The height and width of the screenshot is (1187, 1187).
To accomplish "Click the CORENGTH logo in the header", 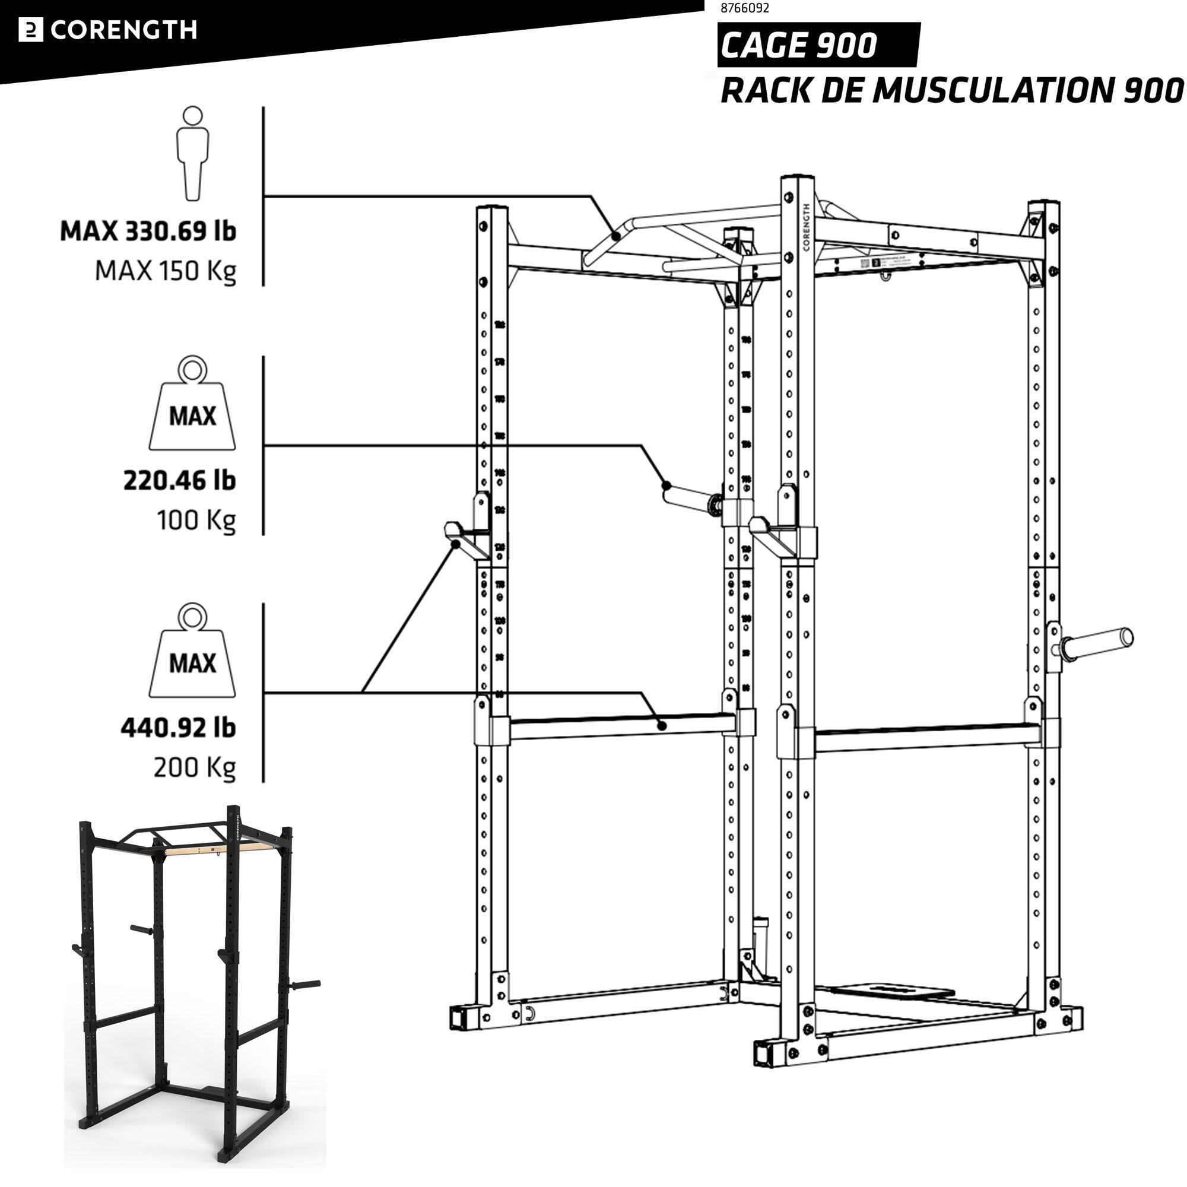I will [108, 30].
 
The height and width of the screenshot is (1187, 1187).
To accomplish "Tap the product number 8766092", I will [744, 8].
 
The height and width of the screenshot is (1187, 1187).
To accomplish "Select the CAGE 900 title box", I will [817, 45].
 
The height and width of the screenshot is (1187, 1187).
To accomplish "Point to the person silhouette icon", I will [192, 153].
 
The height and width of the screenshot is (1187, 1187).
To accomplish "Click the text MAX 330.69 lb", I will [148, 231].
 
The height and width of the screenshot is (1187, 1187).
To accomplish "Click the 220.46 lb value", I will [179, 481].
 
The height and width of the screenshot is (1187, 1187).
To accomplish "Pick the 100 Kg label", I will [196, 520].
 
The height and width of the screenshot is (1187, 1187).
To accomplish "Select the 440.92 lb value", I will [178, 728].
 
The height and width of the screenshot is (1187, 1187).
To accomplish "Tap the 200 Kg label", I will [194, 767].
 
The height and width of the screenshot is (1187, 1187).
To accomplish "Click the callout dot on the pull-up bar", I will [615, 235].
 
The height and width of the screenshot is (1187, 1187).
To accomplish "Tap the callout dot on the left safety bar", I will [662, 726].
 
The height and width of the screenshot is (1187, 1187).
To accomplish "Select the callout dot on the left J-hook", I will [456, 544].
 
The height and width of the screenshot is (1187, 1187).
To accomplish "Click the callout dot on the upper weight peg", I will [666, 485].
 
